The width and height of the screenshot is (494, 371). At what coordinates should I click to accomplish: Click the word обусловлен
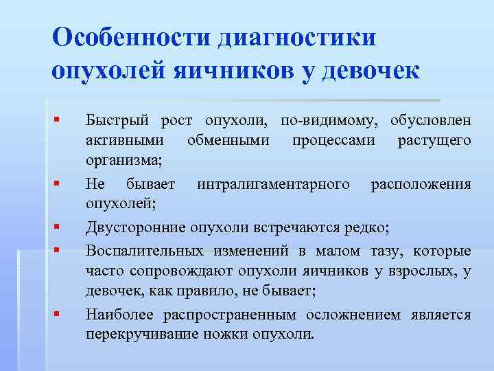coord(430,122)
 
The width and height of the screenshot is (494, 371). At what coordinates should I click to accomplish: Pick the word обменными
coord(228,141)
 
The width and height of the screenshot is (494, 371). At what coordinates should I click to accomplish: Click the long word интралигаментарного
coord(273,184)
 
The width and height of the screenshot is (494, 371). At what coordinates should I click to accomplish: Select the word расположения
coord(421,184)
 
